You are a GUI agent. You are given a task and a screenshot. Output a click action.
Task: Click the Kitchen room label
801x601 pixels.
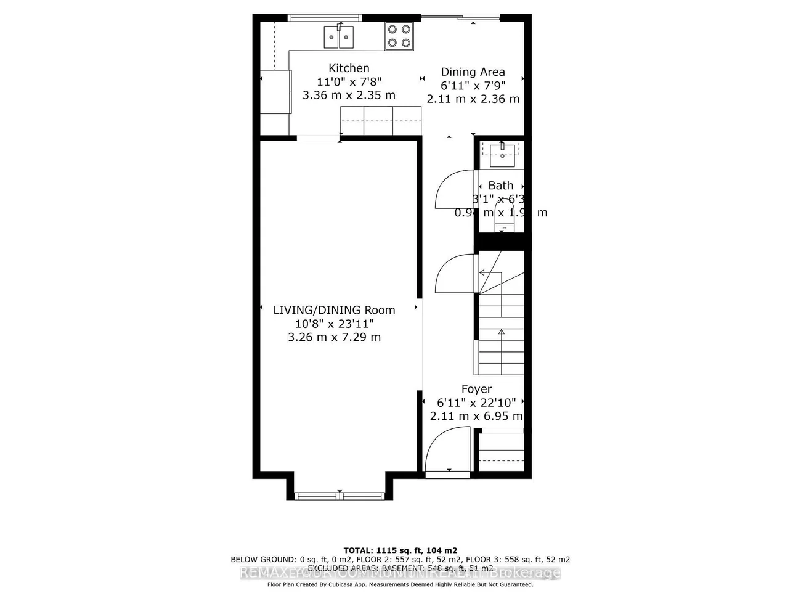click(349, 68)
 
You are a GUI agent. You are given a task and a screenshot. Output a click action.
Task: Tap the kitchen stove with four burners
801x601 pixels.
click(399, 36)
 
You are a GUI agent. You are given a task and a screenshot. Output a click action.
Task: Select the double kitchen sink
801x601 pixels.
click(339, 37)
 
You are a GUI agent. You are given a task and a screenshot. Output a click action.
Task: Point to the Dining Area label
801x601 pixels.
click(473, 72)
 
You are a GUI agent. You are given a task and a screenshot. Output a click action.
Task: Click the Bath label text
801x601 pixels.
click(500, 186)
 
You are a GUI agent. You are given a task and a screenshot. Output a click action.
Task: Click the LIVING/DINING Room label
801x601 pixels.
click(334, 310)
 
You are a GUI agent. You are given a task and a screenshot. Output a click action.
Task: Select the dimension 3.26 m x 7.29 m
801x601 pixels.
click(334, 337)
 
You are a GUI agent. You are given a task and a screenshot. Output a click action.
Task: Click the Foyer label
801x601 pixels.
click(476, 390)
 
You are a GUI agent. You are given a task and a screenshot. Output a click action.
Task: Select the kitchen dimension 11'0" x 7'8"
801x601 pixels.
click(349, 82)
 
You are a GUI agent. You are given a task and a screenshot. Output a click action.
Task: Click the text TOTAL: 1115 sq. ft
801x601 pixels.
click(400, 550)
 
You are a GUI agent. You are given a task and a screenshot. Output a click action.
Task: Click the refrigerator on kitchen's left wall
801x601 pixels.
click(275, 92)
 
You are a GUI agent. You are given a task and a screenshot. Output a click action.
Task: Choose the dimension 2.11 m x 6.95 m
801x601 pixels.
click(476, 416)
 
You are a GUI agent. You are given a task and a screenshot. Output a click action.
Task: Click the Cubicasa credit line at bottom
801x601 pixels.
click(400, 584)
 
